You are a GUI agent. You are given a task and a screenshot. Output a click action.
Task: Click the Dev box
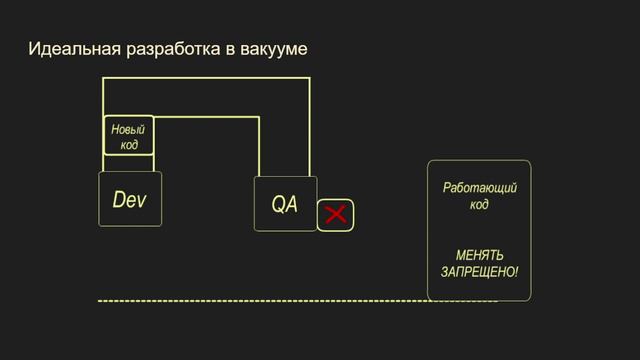[x=130, y=199]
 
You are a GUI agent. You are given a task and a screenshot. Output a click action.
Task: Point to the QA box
[x=285, y=204]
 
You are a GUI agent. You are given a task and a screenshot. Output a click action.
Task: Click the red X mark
[x=336, y=214]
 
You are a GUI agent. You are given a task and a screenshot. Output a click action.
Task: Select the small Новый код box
[x=129, y=135]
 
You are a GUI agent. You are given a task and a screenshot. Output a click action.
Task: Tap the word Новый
[x=128, y=129]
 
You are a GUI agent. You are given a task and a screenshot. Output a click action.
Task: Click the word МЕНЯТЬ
[x=479, y=257]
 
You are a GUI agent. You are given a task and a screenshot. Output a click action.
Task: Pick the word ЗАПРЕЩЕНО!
[x=478, y=272]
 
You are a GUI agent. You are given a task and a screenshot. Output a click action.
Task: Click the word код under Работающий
[x=479, y=205]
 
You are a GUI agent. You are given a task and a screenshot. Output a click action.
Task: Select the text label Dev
[x=129, y=200]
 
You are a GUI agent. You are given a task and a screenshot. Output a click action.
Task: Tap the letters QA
[x=284, y=205]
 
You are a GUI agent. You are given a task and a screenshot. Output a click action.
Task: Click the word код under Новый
[x=129, y=144]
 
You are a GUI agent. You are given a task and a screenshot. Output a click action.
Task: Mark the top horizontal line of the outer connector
[x=206, y=77]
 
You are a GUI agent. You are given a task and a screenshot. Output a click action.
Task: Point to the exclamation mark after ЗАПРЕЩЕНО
[x=517, y=272]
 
